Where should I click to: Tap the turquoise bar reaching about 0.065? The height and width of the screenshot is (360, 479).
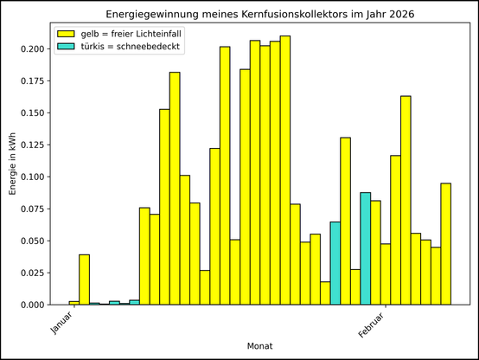[335, 263]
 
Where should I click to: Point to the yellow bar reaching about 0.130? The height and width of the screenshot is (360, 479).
[346, 221]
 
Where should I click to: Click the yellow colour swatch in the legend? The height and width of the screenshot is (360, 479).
[66, 33]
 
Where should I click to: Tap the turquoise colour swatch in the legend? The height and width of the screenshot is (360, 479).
[66, 46]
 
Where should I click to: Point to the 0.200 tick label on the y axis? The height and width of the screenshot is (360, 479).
[35, 48]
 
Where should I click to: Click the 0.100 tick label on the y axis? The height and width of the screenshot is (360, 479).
[35, 177]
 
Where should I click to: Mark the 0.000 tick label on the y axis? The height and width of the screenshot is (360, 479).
[35, 305]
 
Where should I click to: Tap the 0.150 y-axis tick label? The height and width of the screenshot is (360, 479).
[35, 112]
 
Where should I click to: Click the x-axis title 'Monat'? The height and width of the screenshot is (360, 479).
[260, 345]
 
